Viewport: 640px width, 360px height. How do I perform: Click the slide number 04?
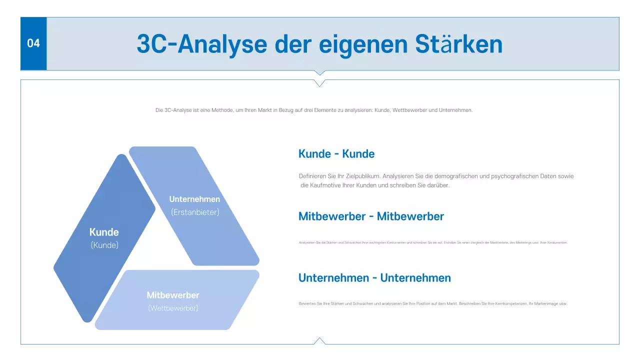(x=33, y=43)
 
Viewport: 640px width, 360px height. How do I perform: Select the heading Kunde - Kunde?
(x=336, y=154)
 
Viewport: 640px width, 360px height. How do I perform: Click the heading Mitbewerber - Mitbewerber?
(x=370, y=216)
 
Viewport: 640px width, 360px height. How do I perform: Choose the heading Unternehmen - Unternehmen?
(x=374, y=278)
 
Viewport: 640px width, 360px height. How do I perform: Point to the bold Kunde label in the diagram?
(x=104, y=232)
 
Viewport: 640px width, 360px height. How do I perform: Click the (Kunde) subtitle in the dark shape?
(x=104, y=245)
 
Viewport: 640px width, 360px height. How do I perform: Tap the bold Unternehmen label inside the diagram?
(x=194, y=199)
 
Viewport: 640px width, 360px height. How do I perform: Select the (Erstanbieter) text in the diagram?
(x=195, y=212)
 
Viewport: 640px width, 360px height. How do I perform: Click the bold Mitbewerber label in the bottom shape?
(x=173, y=295)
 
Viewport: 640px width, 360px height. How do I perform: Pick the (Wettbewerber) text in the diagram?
(x=173, y=308)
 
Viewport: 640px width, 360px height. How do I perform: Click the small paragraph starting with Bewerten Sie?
(x=432, y=303)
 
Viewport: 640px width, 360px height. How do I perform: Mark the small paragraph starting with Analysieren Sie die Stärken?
(x=432, y=242)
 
